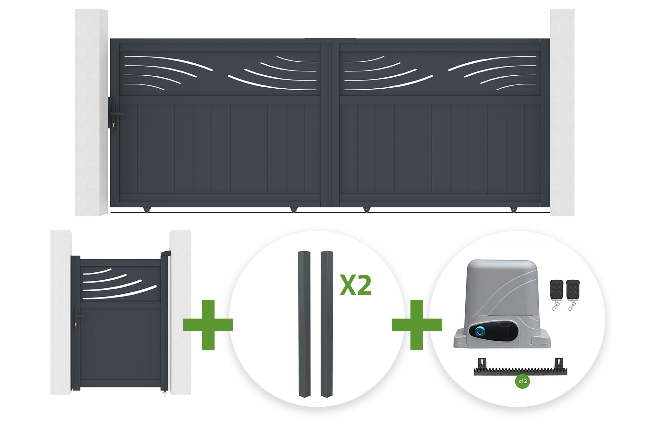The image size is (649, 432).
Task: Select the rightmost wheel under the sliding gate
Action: [514, 209]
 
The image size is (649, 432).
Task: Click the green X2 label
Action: [355, 285]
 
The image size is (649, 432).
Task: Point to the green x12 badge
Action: [522, 381]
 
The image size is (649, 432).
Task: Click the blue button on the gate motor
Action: [480, 331]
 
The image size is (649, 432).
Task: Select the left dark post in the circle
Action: [304, 324]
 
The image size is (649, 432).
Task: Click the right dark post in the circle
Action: [327, 324]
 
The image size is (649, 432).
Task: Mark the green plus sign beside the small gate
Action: [208, 324]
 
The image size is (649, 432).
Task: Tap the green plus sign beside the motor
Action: [417, 324]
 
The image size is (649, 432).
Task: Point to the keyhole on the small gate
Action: [76, 325]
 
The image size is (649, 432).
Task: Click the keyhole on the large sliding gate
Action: [113, 125]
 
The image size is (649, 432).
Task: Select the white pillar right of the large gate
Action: [562, 112]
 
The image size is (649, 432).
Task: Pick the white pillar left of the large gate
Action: [92, 112]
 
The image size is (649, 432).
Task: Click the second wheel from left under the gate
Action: [294, 209]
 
